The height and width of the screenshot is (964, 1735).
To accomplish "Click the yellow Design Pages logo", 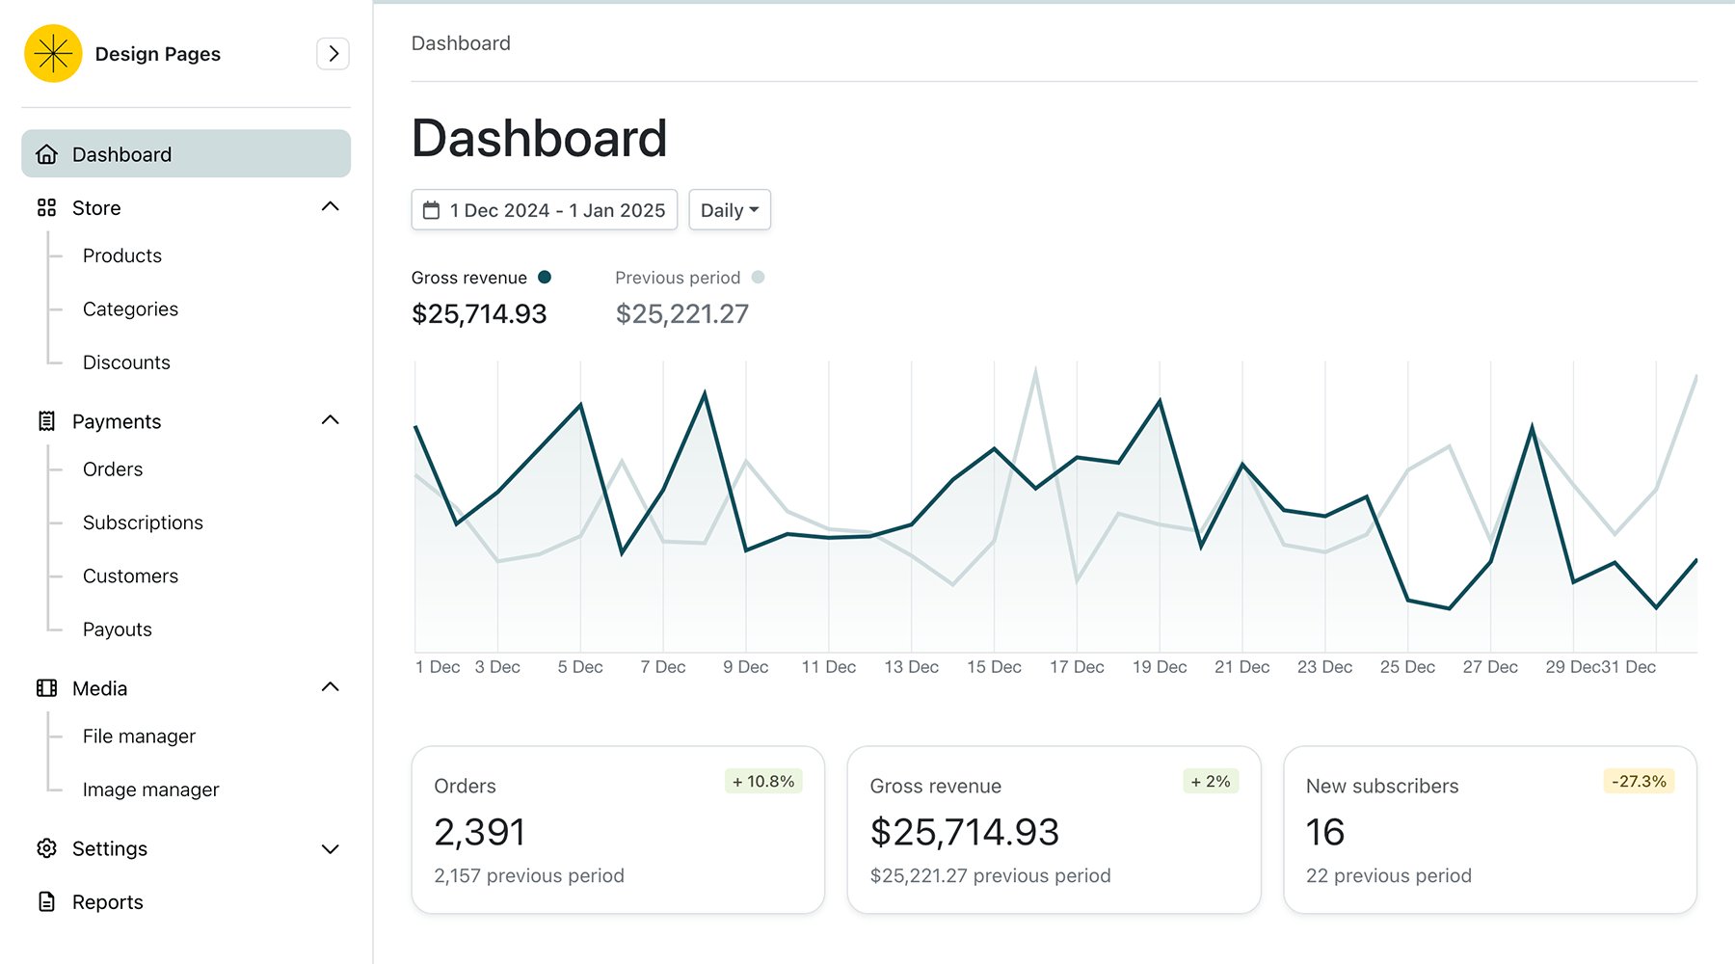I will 53,53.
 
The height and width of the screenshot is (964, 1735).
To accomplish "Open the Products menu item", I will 122,255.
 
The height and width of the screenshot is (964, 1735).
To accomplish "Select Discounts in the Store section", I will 126,362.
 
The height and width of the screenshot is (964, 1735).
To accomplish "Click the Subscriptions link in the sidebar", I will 143,522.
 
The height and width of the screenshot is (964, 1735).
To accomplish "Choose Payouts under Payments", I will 118,629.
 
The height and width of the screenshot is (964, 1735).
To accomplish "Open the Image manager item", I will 150,790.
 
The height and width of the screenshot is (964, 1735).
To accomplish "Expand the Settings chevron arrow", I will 330,848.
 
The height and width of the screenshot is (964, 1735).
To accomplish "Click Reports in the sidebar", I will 107,902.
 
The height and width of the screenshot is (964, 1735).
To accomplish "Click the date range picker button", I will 544,210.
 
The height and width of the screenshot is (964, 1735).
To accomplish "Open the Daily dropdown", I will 730,210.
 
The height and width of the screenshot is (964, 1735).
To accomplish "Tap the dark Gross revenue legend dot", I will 545,278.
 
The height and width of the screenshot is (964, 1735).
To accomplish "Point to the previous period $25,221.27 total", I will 681,314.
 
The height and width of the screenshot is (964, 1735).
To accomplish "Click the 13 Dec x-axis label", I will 911,667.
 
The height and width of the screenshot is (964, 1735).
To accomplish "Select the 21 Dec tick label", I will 1241,667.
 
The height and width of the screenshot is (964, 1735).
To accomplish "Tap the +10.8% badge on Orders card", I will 763,782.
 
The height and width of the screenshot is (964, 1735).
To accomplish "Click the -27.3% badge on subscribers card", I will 1639,782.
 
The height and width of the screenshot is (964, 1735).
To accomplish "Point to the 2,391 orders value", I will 479,832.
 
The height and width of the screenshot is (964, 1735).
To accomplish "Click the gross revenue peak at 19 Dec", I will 1160,401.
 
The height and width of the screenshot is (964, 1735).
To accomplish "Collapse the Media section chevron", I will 330,687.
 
